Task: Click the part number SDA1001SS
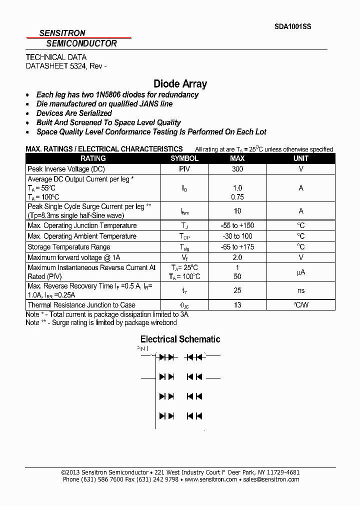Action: pyautogui.click(x=292, y=27)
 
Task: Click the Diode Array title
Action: pyautogui.click(x=180, y=84)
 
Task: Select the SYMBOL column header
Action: pyautogui.click(x=184, y=158)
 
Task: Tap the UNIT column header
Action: pyautogui.click(x=301, y=158)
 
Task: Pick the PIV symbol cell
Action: pyautogui.click(x=184, y=169)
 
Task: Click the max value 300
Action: pyautogui.click(x=237, y=169)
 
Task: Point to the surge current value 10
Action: pyautogui.click(x=237, y=211)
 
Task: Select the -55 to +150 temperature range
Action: pyautogui.click(x=237, y=225)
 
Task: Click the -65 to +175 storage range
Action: pyautogui.click(x=237, y=247)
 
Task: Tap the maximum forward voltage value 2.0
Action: pyautogui.click(x=237, y=257)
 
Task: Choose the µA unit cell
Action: pyautogui.click(x=301, y=272)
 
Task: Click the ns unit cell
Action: pyautogui.click(x=301, y=290)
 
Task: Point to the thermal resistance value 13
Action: pyautogui.click(x=237, y=305)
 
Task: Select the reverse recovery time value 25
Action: pyautogui.click(x=237, y=290)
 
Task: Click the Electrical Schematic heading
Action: pyautogui.click(x=180, y=339)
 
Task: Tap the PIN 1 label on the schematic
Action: pyautogui.click(x=143, y=348)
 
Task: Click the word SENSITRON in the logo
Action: pyautogui.click(x=62, y=33)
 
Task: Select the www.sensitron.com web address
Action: pyautogui.click(x=210, y=479)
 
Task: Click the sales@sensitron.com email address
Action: pyautogui.click(x=271, y=479)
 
